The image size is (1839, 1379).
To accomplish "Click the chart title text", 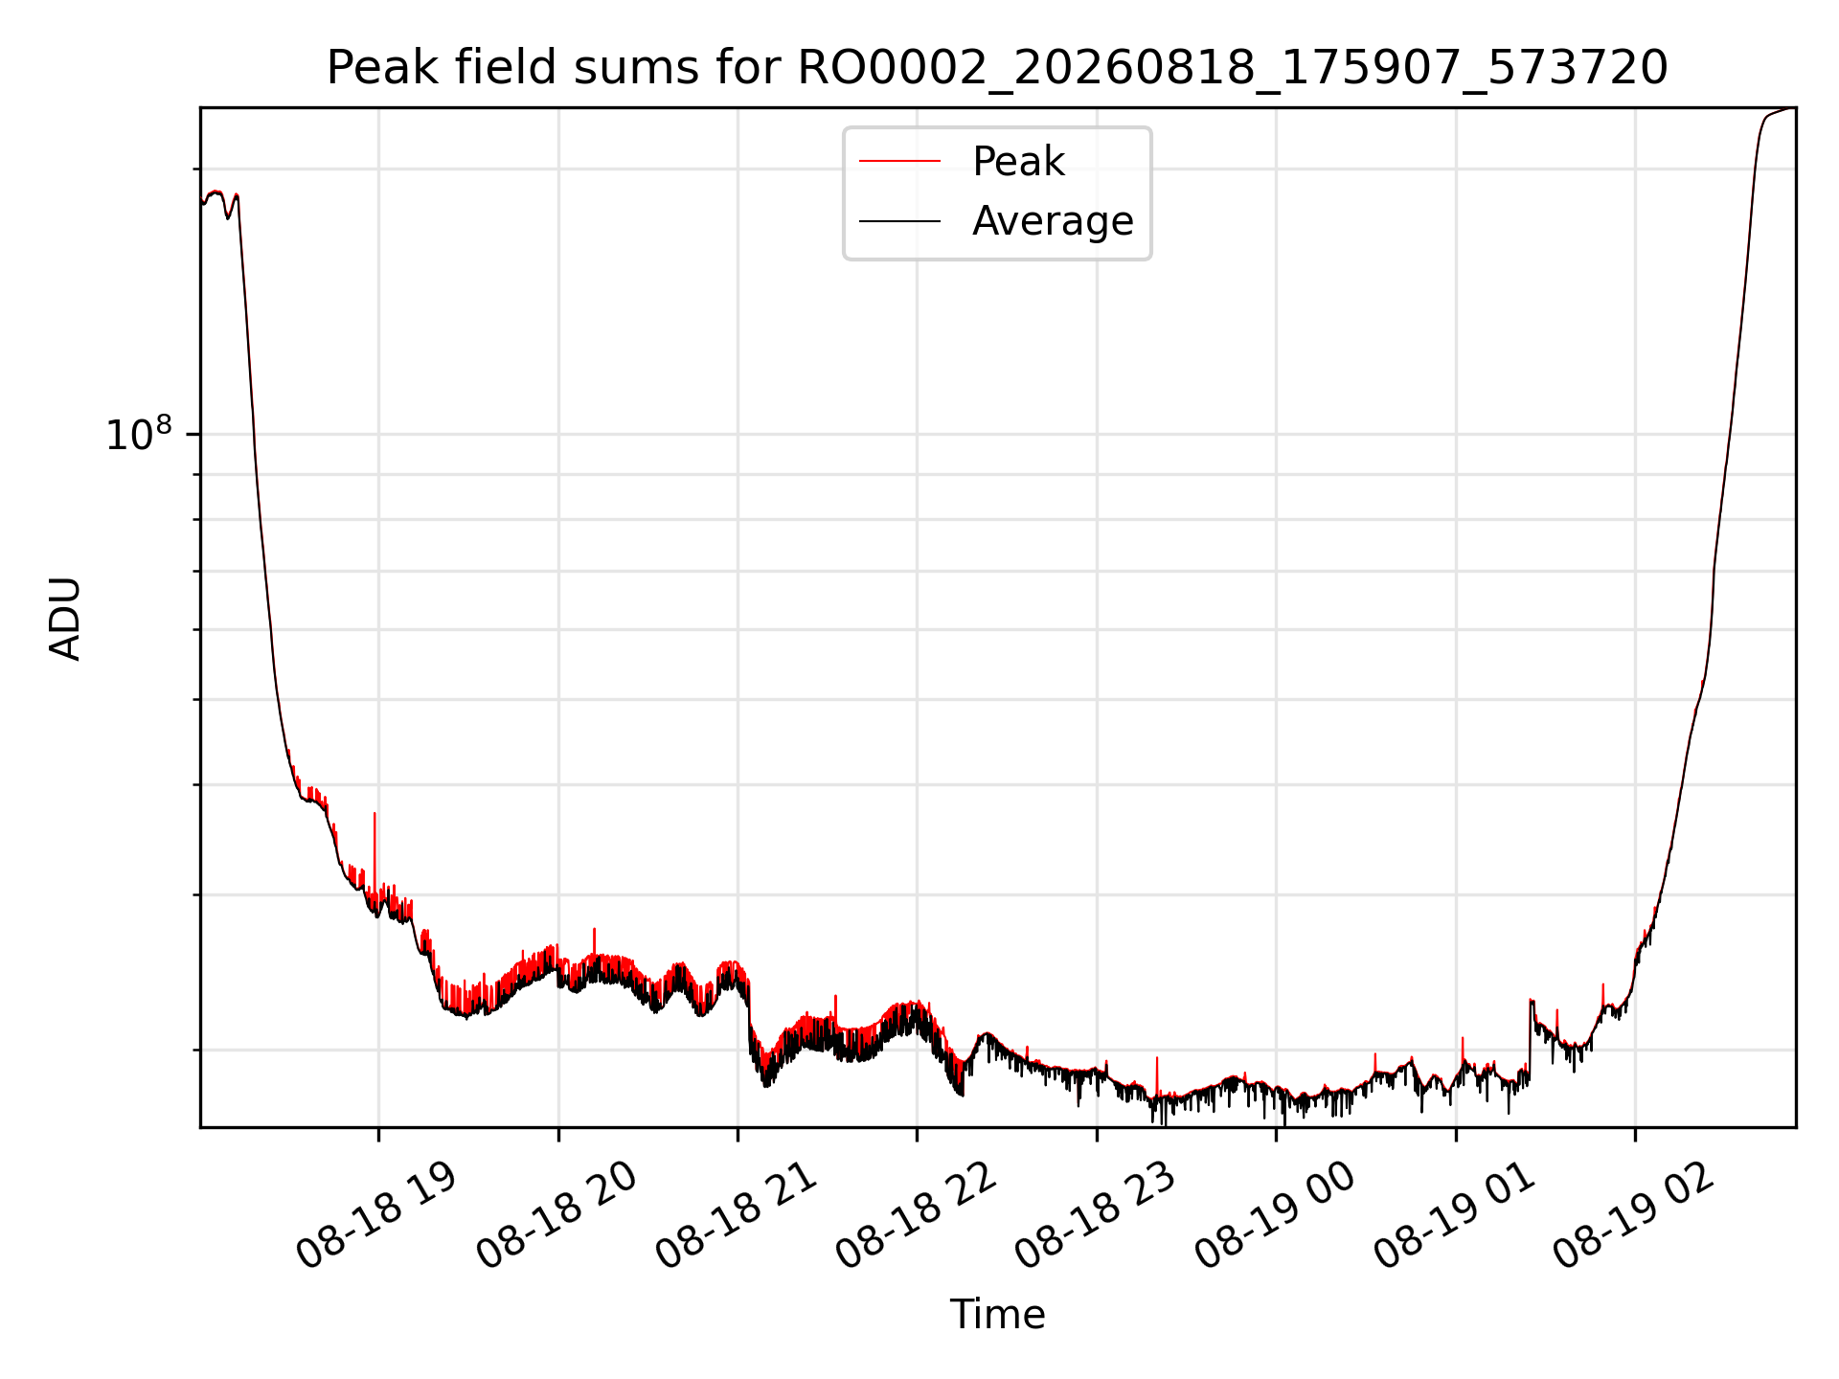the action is click(x=997, y=68).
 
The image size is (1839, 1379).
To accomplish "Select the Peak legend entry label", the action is click(x=1018, y=161).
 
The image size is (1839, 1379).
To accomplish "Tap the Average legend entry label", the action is click(x=1053, y=221).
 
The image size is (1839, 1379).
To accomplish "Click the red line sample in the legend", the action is click(x=899, y=161).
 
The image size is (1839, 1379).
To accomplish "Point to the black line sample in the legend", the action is click(x=899, y=221).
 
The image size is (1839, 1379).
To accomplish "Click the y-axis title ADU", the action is click(x=65, y=619).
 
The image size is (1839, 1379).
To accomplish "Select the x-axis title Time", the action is click(x=997, y=1314).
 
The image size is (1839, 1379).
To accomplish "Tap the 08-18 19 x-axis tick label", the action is click(x=376, y=1215).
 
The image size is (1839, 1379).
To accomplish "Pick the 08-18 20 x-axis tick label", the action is click(x=556, y=1215).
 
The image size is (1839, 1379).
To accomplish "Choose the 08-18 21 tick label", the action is click(x=736, y=1215).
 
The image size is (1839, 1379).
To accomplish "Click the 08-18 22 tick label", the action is click(x=916, y=1215).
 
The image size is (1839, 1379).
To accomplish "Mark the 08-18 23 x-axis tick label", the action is click(x=1095, y=1215).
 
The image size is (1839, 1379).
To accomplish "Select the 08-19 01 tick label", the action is click(x=1454, y=1215).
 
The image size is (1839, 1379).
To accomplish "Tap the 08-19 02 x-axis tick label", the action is click(x=1633, y=1215).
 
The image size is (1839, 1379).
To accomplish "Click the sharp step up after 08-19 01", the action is click(x=1530, y=1039).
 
